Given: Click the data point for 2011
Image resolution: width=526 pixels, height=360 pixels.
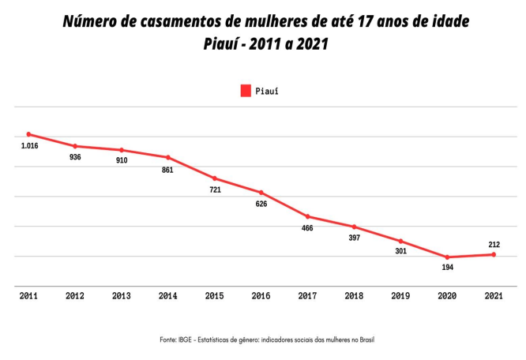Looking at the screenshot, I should tap(28, 134).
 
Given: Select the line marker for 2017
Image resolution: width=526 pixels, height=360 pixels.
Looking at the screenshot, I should tap(307, 216).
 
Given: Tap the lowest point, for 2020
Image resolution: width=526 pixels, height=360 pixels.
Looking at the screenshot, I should tap(447, 257).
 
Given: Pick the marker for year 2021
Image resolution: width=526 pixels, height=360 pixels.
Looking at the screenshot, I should tap(494, 254).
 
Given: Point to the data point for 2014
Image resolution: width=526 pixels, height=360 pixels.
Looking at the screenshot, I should tap(167, 157).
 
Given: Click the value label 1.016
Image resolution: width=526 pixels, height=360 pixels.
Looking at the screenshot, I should tap(28, 146).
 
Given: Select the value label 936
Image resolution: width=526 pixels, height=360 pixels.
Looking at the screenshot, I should tap(75, 157).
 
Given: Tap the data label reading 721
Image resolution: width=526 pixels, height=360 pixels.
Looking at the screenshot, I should tap(214, 190).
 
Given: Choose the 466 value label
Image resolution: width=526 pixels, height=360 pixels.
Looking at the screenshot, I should tap(307, 228).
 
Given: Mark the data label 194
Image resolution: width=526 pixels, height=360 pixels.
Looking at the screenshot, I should tap(447, 269).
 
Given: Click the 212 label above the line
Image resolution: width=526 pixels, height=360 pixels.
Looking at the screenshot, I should tap(494, 245).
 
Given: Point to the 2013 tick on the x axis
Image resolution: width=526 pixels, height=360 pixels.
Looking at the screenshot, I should tap(121, 296).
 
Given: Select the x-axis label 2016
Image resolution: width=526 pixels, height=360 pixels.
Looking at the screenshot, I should tap(261, 296).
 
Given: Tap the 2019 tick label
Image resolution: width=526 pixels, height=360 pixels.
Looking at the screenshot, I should tap(400, 296).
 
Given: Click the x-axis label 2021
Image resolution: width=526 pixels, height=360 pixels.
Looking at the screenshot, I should tap(494, 296).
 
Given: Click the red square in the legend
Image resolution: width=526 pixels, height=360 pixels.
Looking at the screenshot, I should tap(246, 91).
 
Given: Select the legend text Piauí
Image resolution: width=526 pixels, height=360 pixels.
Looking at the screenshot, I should tap(267, 91).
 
